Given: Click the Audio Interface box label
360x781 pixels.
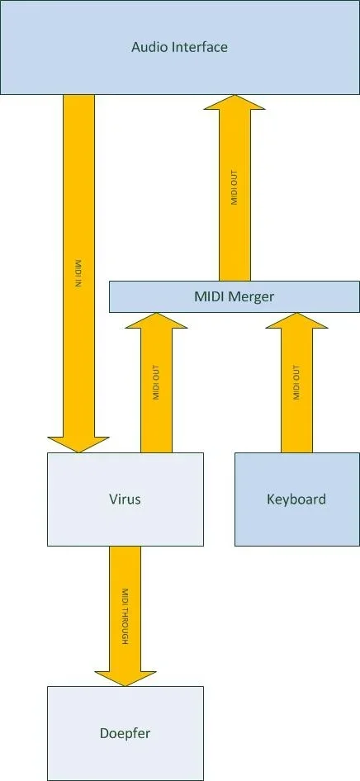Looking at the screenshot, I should coord(179,47).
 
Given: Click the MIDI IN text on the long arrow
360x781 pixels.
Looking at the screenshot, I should coord(78,272).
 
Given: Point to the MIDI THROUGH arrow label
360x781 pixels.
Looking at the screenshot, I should coord(125,617).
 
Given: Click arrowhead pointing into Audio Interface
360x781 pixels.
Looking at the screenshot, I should coord(234,103).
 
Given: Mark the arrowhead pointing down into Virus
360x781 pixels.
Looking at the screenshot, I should coord(78,444).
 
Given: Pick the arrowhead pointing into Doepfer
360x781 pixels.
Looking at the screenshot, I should coord(125,674).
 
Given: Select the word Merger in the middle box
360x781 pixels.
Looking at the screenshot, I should coord(251,296).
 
